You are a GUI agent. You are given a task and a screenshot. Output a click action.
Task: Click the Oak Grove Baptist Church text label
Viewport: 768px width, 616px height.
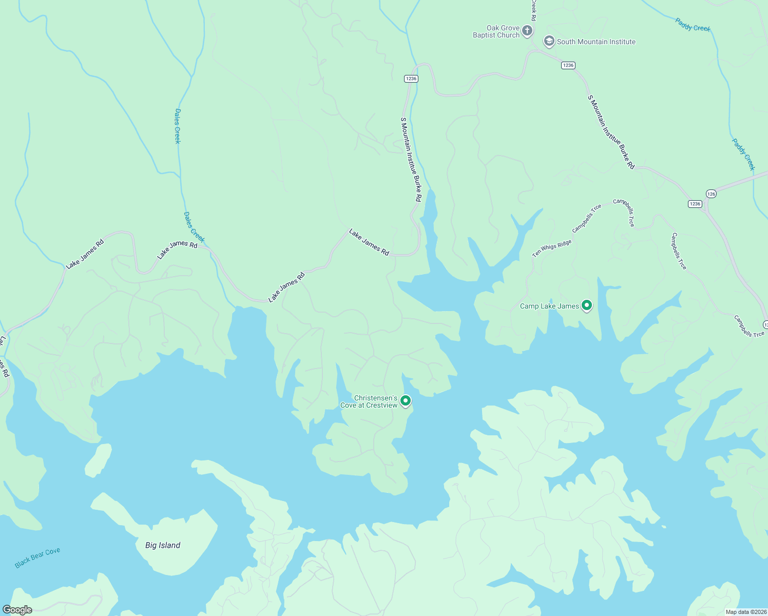coord(496,32)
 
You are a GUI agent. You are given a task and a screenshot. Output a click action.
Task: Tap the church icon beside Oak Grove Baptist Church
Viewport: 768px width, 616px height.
coord(527,31)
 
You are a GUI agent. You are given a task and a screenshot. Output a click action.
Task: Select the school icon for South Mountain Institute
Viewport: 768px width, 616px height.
coord(549,42)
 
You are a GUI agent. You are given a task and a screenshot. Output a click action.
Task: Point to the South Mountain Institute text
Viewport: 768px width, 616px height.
coord(596,42)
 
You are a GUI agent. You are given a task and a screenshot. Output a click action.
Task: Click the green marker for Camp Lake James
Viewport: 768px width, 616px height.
coord(587,306)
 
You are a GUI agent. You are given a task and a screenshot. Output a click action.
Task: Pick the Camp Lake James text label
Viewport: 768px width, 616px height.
coord(549,306)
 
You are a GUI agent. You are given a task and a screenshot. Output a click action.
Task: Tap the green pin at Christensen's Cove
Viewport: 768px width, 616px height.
coord(406,400)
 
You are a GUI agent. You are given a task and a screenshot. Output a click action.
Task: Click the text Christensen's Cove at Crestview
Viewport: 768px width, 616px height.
coord(369,402)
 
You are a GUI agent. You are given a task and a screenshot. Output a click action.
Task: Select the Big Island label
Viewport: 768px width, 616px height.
coord(163,545)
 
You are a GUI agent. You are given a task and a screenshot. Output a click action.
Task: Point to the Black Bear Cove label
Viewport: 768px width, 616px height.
coord(37,557)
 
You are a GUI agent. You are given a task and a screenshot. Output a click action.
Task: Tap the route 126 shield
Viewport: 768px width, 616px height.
coord(711,194)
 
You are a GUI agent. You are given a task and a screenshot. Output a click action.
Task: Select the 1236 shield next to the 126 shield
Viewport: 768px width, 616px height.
coord(695,204)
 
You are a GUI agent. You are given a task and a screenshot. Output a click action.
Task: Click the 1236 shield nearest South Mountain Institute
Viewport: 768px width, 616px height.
coord(568,65)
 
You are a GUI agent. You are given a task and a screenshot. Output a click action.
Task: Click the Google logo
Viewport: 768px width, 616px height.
coord(17,610)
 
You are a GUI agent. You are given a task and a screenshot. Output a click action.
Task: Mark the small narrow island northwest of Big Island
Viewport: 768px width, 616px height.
coord(98,460)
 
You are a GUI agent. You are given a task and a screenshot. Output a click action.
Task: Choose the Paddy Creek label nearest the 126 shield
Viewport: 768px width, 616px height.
coord(743,154)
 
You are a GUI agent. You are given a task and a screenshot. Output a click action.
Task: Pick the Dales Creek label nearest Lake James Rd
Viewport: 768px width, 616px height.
coord(194,227)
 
